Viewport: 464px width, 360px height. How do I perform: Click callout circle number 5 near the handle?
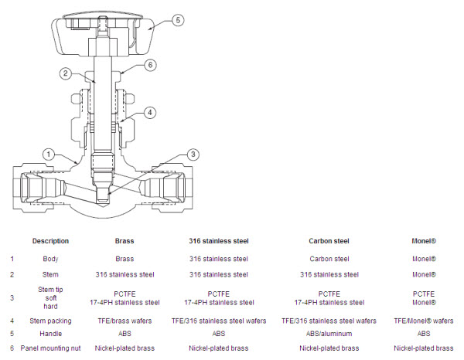(x=178, y=20)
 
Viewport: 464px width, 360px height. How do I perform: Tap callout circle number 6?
(x=150, y=65)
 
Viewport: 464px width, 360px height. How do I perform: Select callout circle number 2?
(x=66, y=73)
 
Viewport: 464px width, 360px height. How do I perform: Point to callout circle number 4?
(x=150, y=112)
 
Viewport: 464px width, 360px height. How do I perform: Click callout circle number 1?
(x=49, y=154)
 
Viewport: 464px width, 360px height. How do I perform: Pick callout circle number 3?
(x=193, y=154)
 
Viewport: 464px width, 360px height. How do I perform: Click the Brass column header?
(x=125, y=241)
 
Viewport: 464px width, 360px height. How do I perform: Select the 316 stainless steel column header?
(x=219, y=241)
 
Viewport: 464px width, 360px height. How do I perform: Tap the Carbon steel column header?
(x=329, y=241)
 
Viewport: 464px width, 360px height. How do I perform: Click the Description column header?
(x=50, y=241)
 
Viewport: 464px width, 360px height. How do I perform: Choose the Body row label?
(x=50, y=259)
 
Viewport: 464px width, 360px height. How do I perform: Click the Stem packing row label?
(x=50, y=321)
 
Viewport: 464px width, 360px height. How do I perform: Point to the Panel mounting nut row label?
(x=50, y=348)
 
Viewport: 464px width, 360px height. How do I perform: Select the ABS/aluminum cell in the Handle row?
(x=329, y=334)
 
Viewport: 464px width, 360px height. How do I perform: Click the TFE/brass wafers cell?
(x=125, y=321)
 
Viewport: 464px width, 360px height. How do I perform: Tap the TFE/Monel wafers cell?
(x=424, y=321)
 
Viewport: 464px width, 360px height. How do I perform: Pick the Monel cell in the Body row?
(x=424, y=259)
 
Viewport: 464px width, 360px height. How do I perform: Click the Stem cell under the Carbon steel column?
(x=329, y=274)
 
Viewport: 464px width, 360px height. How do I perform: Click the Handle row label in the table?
(x=50, y=334)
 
